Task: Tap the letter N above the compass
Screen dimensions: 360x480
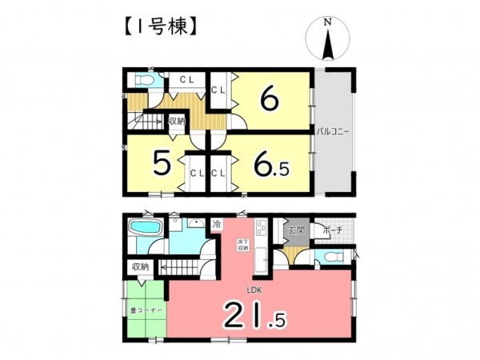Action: pos(326,24)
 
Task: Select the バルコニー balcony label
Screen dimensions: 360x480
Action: pos(331,130)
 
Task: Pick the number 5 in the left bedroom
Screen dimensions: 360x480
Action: pos(162,165)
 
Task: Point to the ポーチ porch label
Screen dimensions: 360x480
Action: pos(334,230)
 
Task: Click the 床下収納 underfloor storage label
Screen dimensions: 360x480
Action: pos(239,247)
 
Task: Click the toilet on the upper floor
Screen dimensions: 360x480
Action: pos(142,81)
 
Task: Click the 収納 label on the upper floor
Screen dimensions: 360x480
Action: pos(176,121)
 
